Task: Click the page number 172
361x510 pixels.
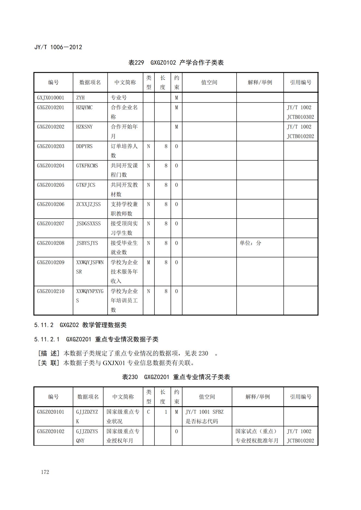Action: click(x=45, y=472)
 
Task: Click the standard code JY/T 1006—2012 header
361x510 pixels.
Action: click(x=58, y=47)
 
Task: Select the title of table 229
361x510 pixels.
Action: click(x=176, y=63)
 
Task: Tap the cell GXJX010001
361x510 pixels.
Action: click(x=50, y=98)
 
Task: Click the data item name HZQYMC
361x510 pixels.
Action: click(x=84, y=108)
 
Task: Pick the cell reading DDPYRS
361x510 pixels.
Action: click(x=84, y=146)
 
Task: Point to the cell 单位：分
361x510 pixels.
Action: click(x=250, y=243)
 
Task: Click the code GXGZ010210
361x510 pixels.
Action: click(x=50, y=291)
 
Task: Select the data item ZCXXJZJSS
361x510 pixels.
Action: click(x=88, y=204)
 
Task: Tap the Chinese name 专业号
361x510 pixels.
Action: click(x=119, y=98)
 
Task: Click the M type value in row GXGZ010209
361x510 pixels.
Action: click(x=148, y=262)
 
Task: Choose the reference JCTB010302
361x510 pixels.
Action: click(x=300, y=117)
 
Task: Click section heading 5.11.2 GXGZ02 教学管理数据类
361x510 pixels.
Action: click(x=80, y=325)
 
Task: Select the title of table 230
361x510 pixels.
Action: click(x=176, y=377)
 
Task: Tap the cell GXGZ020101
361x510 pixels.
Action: click(x=50, y=412)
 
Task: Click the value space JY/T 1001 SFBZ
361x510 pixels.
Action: click(x=204, y=412)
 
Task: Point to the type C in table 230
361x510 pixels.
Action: click(x=148, y=412)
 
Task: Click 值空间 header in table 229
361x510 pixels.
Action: click(x=209, y=82)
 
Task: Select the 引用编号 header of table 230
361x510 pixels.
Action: click(x=300, y=397)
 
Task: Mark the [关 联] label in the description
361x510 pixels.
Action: click(x=49, y=363)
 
